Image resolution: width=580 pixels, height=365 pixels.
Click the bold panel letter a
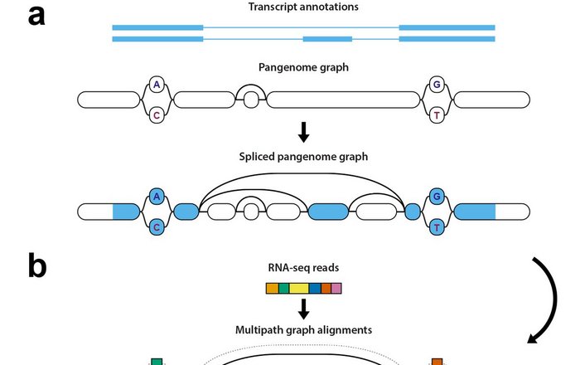tap(36, 15)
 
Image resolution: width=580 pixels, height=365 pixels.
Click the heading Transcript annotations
tap(303, 8)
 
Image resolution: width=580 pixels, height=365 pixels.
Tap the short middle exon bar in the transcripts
tap(327, 39)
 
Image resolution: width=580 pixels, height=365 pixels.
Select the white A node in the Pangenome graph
tap(156, 84)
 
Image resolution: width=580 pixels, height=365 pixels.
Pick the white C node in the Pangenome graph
tap(156, 115)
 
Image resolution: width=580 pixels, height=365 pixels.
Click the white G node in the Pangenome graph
tap(437, 84)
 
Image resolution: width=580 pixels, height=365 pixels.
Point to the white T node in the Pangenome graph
tap(437, 115)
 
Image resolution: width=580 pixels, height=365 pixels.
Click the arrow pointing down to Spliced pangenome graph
tap(304, 131)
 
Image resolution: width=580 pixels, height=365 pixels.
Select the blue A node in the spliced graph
tap(156, 197)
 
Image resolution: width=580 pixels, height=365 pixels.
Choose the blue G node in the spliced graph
tap(437, 197)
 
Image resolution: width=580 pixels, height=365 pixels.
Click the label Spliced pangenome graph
tap(303, 157)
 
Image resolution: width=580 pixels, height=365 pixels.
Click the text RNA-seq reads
tap(303, 269)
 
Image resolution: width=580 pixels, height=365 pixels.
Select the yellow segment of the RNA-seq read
tap(299, 288)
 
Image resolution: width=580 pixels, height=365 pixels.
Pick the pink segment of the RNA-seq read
tap(336, 288)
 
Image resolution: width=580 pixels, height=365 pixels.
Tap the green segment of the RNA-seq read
tap(283, 288)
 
